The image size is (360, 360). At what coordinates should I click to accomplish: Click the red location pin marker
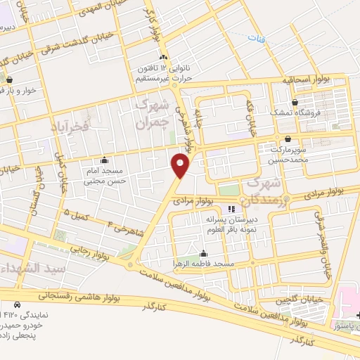pos(181,165)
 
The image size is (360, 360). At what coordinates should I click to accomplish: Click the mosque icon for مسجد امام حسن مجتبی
pos(105,159)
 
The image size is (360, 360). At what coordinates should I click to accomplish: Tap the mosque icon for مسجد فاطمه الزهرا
pos(205,253)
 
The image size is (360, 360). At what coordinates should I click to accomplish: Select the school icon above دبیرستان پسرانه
pos(232,209)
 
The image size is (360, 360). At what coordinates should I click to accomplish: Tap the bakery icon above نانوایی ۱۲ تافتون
pos(163,57)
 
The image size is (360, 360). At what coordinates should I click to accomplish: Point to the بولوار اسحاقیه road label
pos(307,80)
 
